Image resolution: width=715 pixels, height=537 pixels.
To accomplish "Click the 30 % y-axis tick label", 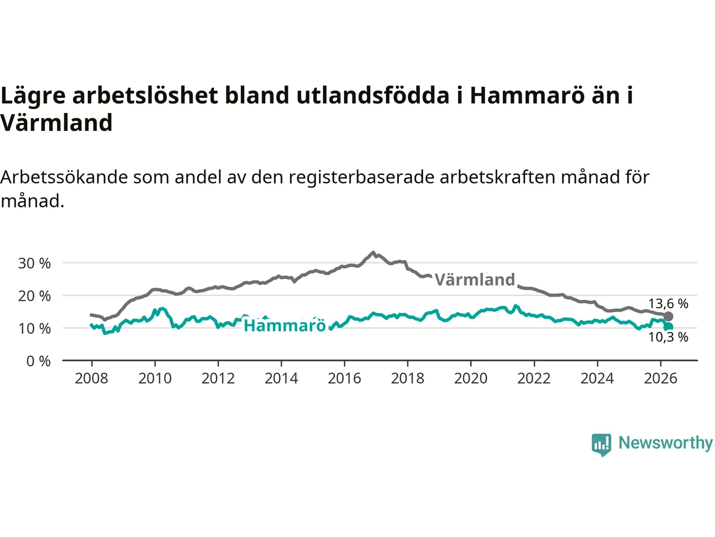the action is click(x=34, y=263).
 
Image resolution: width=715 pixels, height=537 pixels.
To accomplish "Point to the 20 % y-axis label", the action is click(x=34, y=296).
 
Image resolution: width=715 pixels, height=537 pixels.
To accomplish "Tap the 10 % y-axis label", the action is click(x=34, y=329).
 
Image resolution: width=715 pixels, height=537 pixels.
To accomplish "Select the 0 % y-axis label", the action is click(x=39, y=361).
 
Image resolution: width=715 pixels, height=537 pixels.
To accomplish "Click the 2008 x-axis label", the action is click(x=92, y=379).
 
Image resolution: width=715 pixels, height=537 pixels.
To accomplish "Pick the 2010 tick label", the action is click(x=155, y=379).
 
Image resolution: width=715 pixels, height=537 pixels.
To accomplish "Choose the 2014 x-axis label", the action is click(x=281, y=379).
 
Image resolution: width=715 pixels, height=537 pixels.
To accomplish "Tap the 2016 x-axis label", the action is click(x=344, y=379).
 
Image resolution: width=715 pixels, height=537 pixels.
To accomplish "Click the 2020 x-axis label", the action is click(x=471, y=379).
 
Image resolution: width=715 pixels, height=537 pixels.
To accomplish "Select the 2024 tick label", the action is click(x=597, y=379).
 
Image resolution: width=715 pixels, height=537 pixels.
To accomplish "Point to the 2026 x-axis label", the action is click(x=661, y=379).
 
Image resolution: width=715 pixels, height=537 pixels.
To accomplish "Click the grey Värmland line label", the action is click(x=475, y=280).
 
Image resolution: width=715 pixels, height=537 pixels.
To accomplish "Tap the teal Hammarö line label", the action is click(x=285, y=326).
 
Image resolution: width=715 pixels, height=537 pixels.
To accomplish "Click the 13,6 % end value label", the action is click(x=668, y=304).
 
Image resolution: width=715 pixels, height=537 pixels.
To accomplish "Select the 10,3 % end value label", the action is click(x=668, y=337).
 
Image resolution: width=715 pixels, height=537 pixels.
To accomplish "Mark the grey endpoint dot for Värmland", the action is click(x=668, y=316).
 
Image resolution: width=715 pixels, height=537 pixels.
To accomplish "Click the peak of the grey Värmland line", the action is click(x=373, y=252).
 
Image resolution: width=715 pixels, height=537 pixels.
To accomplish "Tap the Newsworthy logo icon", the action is click(x=601, y=445).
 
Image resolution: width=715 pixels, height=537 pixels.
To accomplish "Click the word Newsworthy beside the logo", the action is click(x=665, y=443).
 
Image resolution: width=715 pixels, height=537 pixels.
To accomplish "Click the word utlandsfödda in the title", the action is click(x=373, y=96).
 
